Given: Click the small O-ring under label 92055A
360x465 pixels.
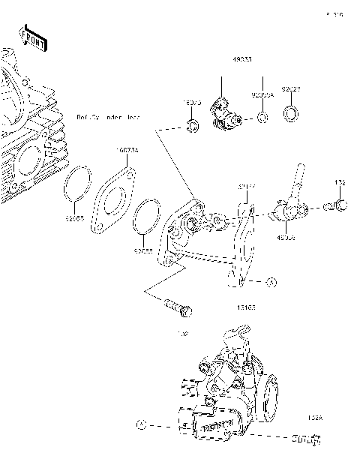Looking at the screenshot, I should click(x=262, y=118).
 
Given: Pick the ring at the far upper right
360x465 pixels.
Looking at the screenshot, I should click(x=291, y=114).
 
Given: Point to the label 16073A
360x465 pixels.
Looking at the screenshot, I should click(x=127, y=150).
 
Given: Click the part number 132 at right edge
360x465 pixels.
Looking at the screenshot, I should click(x=339, y=182).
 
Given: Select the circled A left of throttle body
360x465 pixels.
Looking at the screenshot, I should click(x=140, y=424).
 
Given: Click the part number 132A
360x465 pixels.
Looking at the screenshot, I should click(x=314, y=418).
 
